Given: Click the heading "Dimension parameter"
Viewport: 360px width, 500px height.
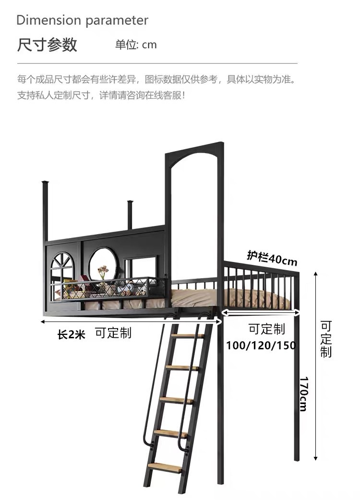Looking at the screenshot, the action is pos(82,21).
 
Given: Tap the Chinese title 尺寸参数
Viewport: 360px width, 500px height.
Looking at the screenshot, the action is pos(47,45).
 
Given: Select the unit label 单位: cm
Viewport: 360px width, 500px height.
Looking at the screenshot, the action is pos(136,45).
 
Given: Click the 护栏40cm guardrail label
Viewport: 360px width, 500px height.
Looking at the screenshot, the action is pos(272,258).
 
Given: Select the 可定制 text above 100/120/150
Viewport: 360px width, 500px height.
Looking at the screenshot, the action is pos(266,329).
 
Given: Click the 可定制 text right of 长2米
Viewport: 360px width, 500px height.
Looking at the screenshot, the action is pos(113,333).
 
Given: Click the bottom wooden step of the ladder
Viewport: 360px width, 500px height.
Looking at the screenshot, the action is pos(165,466).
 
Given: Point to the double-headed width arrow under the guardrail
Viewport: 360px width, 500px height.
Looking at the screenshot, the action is pos(261,313).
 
